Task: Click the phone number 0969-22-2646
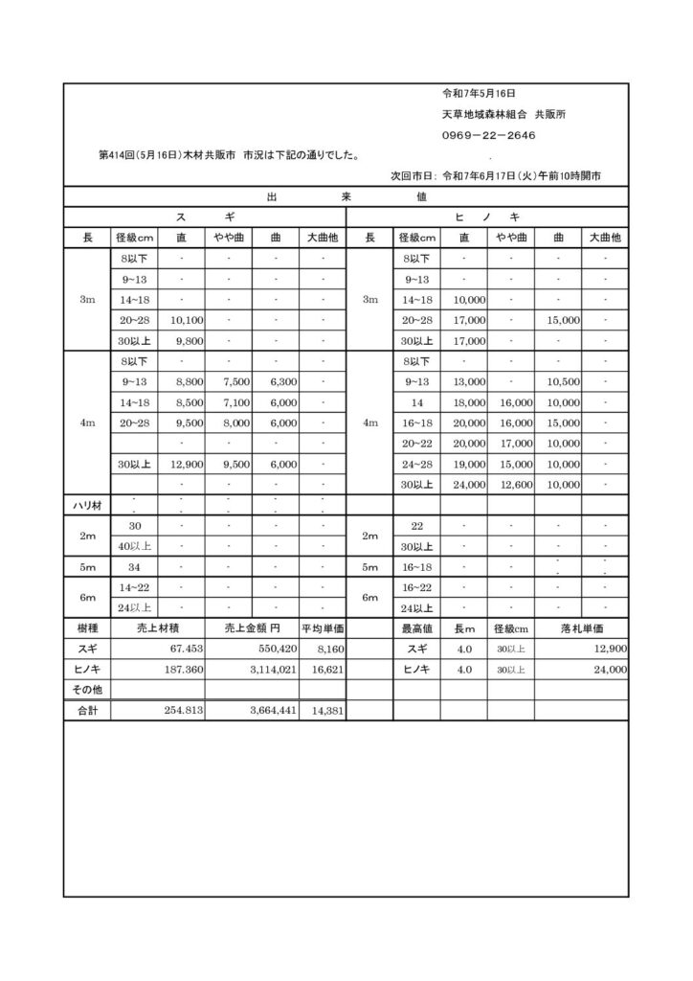(x=488, y=136)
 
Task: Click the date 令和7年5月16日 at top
(x=479, y=94)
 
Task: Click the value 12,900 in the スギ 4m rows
(x=181, y=464)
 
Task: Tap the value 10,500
(x=564, y=381)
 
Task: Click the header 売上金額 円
(x=252, y=628)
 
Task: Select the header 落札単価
(x=581, y=628)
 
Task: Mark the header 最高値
(x=416, y=628)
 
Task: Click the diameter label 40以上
(x=135, y=546)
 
